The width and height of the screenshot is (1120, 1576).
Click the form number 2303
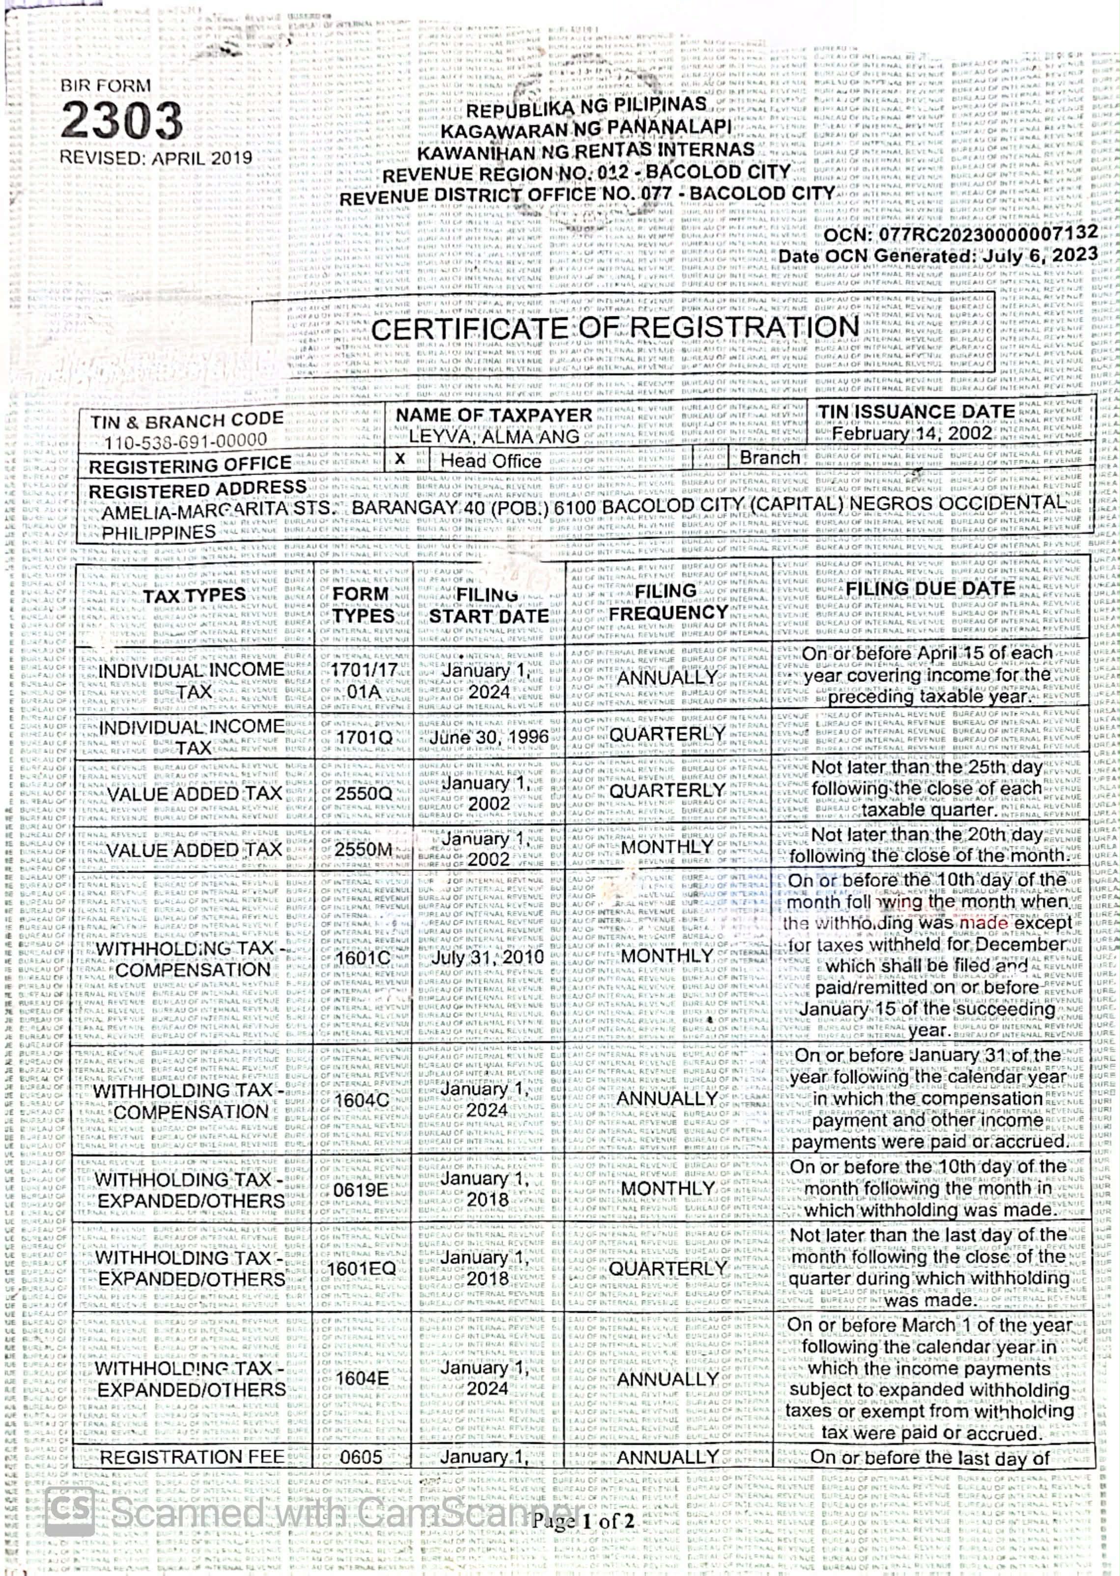(x=121, y=121)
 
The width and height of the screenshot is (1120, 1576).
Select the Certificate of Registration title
(x=615, y=329)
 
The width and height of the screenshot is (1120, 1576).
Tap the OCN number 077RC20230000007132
(x=986, y=233)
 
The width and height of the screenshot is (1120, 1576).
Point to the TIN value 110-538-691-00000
(x=186, y=441)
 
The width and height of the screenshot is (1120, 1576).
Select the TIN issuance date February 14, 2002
(x=912, y=433)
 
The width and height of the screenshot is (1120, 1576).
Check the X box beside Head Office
(x=400, y=459)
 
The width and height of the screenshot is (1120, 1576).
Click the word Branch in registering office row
(x=770, y=458)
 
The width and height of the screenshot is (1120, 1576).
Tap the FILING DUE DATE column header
(x=930, y=589)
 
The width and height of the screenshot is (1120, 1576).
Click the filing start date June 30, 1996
(x=489, y=736)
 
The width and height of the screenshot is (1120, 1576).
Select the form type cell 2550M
(x=364, y=849)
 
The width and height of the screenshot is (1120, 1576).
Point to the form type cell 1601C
(x=363, y=958)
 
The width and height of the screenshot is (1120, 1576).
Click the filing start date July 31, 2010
(x=488, y=957)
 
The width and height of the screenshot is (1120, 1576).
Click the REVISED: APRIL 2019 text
(x=156, y=158)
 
